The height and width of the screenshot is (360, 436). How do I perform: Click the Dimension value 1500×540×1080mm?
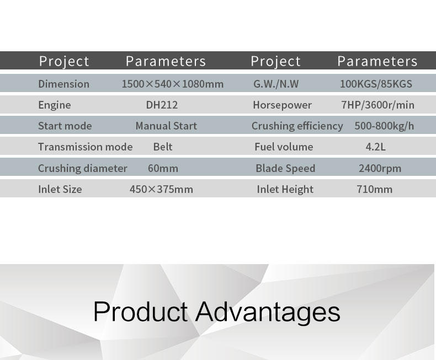[x=173, y=84]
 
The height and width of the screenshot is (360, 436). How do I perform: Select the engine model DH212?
[x=162, y=105]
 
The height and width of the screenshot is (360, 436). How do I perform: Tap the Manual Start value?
[x=166, y=126]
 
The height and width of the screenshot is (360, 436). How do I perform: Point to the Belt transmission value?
[x=163, y=147]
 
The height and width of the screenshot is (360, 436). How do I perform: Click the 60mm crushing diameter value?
[x=163, y=168]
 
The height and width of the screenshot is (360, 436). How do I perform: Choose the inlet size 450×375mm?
[x=161, y=189]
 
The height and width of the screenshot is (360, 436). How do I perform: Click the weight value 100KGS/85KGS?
[x=376, y=84]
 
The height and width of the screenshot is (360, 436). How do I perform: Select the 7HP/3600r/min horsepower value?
[x=377, y=105]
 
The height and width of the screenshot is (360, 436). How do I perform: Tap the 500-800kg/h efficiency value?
[x=384, y=126]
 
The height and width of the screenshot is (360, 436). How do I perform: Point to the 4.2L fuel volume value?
[x=375, y=147]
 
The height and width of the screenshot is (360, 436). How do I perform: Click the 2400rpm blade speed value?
[x=380, y=168]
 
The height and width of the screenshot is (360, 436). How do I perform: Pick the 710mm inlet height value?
[x=375, y=189]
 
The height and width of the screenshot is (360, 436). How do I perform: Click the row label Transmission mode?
[x=86, y=147]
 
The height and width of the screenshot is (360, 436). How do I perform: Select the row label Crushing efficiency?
[x=297, y=126]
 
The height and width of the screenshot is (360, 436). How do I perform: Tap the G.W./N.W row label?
[x=276, y=84]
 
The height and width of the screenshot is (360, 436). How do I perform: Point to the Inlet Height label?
[x=285, y=189]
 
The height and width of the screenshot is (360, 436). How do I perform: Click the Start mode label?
[x=65, y=126]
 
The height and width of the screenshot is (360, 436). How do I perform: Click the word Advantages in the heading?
[x=268, y=312]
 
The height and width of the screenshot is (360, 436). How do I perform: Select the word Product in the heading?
[x=141, y=311]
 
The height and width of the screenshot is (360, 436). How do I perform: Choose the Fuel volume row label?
[x=284, y=147]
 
